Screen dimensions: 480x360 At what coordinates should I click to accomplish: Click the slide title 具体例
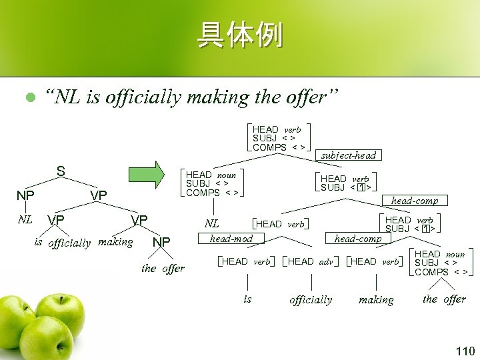(x=239, y=35)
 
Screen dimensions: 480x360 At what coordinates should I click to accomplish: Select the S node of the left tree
(x=61, y=171)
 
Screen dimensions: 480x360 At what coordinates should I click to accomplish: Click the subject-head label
(x=348, y=155)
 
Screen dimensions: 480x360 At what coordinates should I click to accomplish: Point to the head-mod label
(x=231, y=238)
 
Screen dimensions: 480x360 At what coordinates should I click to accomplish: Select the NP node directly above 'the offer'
(x=162, y=242)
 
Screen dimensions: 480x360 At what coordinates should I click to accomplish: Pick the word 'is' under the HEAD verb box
(x=247, y=299)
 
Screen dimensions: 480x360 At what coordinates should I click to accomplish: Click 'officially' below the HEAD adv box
(x=311, y=299)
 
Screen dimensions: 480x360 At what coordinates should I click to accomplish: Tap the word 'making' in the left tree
(x=115, y=242)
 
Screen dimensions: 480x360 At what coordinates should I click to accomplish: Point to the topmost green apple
(x=61, y=307)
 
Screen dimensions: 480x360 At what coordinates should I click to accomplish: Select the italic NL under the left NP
(x=25, y=218)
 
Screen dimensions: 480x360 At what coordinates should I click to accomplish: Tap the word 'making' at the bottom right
(x=376, y=300)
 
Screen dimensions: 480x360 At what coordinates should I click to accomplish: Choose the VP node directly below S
(x=99, y=195)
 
